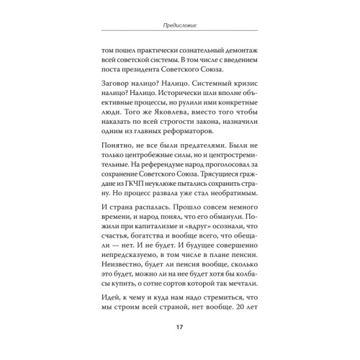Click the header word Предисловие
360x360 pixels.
pos(180,27)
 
